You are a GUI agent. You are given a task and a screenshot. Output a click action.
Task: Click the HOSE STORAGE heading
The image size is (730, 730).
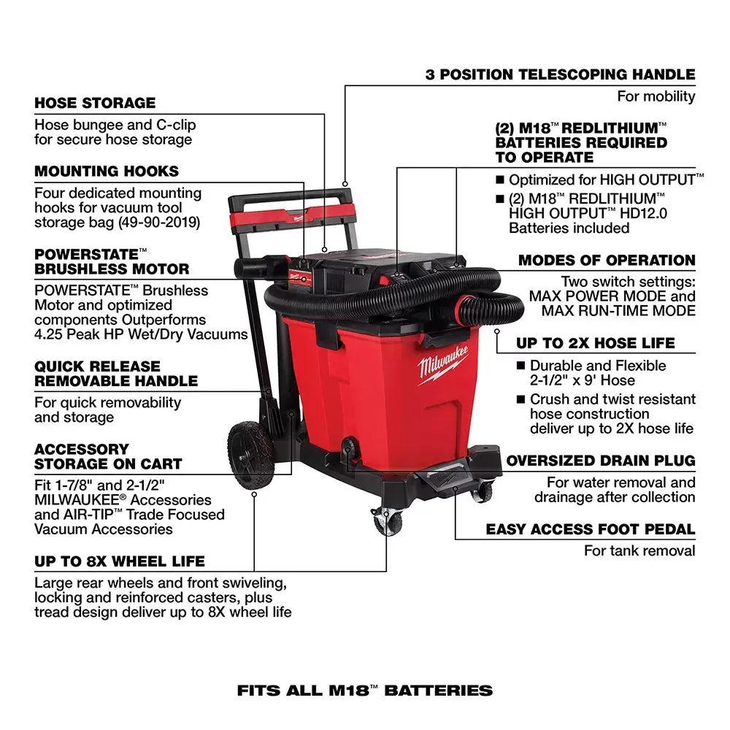click(95, 103)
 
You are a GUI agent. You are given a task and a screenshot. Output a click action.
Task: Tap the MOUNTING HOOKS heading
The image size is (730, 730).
click(107, 172)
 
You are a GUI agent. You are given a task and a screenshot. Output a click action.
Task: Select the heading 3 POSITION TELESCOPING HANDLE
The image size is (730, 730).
click(560, 74)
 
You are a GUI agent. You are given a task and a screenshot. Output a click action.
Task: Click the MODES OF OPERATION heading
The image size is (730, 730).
click(607, 261)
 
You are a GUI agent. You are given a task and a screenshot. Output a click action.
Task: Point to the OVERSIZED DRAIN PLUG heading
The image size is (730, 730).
click(601, 461)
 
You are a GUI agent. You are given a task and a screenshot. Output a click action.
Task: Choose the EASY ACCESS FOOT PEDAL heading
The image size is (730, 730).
click(590, 530)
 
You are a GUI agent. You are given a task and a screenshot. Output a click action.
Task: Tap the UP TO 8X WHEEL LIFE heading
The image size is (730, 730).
click(120, 562)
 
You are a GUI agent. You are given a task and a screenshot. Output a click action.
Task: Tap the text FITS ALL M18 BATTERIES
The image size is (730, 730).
click(365, 690)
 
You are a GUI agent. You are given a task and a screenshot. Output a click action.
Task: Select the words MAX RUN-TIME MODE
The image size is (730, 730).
click(618, 311)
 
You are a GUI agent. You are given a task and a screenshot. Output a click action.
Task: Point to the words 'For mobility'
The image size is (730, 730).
click(656, 96)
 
